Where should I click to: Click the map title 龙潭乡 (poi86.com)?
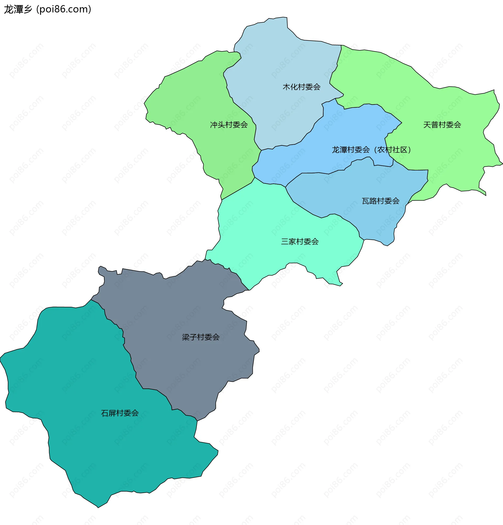pos(48,9)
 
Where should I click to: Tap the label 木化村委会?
pos(302,87)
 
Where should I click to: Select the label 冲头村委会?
pos(229,125)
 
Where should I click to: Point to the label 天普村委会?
pos(442,125)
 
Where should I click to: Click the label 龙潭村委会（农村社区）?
pos(371,150)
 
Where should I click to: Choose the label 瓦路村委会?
pos(380,201)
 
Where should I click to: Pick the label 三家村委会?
pos(300,242)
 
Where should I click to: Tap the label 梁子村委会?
pos(201,337)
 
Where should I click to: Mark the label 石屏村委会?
pos(120,413)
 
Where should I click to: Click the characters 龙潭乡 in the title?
pos(18,9)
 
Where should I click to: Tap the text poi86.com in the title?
pos(63,9)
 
